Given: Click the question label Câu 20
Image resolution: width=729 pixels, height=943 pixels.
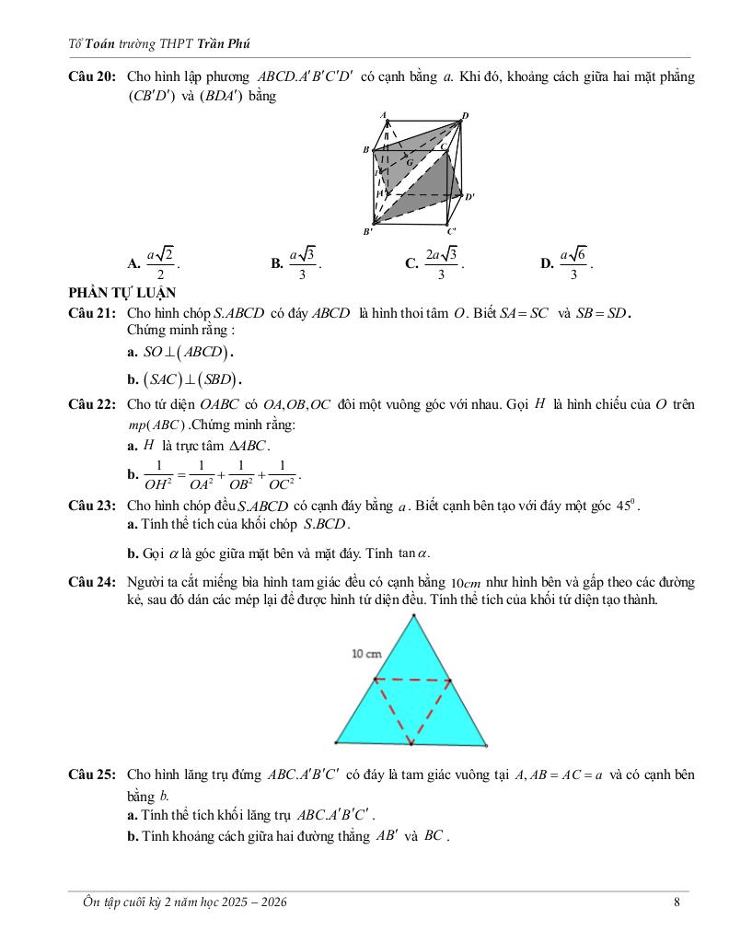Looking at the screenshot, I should pyautogui.click(x=91, y=76).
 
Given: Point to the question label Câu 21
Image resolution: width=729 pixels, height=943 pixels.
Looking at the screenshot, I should pyautogui.click(x=91, y=313).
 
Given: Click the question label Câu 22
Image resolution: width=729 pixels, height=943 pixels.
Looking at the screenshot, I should pyautogui.click(x=91, y=404).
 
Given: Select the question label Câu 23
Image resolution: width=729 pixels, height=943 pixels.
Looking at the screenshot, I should pyautogui.click(x=91, y=506).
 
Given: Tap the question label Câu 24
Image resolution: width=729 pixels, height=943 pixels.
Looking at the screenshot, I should pyautogui.click(x=91, y=583).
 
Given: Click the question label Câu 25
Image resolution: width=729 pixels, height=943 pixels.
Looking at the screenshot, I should pyautogui.click(x=91, y=775).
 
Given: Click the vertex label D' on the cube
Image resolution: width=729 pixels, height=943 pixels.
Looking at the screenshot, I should pyautogui.click(x=469, y=196).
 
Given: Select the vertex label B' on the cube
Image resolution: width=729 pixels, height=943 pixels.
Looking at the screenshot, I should pyautogui.click(x=367, y=231).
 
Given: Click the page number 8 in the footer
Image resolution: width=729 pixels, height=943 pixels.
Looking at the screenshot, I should pyautogui.click(x=677, y=902).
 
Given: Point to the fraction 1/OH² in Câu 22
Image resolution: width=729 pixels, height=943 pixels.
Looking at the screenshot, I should pyautogui.click(x=158, y=475).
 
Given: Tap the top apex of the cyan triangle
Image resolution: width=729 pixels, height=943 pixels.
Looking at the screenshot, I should pyautogui.click(x=411, y=616).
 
